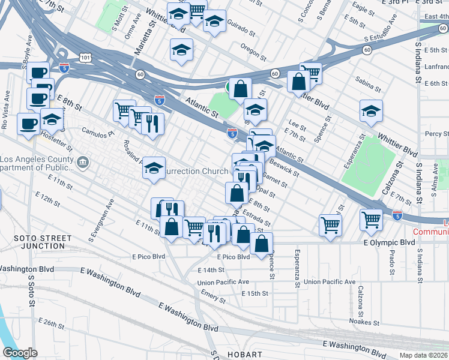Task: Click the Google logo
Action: [20, 353]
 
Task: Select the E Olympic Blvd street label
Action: [389, 242]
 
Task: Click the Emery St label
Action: [213, 293]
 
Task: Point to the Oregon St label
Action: [253, 53]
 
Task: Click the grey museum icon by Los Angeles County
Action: [83, 161]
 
